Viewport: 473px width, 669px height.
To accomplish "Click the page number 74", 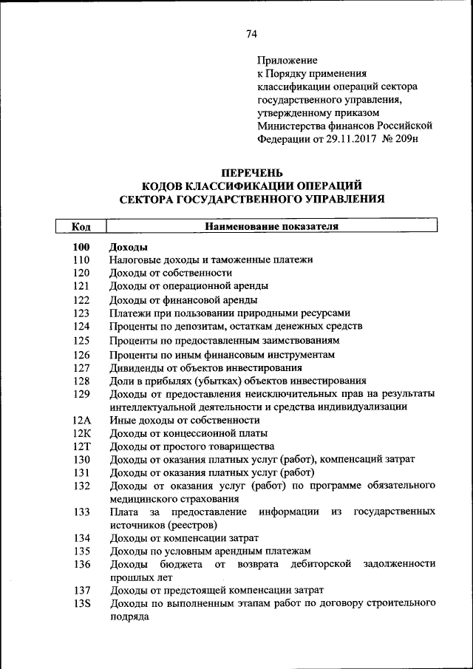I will point(251,34).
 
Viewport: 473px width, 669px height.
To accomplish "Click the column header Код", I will point(81,226).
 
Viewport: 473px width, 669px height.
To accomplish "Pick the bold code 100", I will point(81,247).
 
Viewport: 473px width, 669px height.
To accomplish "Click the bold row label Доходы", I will point(128,247).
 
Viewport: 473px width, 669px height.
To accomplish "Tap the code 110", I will point(81,260).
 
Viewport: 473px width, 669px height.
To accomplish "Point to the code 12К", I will point(81,433).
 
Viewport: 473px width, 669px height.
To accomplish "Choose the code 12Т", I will point(81,446).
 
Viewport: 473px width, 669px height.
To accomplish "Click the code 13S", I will point(81,604).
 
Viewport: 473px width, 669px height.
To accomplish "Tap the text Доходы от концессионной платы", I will point(188,433).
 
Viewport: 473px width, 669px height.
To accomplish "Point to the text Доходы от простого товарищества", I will point(191,446).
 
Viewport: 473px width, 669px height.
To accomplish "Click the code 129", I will point(81,393).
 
